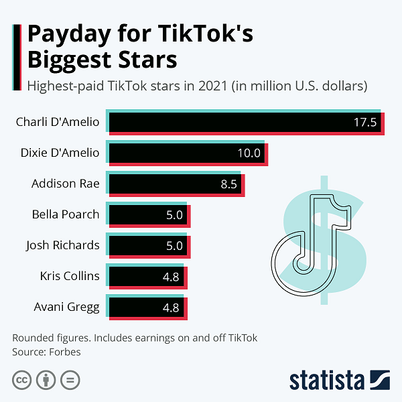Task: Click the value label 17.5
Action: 366,123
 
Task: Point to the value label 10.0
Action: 249,153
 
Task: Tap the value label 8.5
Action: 229,184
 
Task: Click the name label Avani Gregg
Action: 66,308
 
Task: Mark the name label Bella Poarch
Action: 66,214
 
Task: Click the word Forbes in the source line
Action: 64,351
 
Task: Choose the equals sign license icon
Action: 70,380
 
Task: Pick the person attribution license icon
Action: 46,380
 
